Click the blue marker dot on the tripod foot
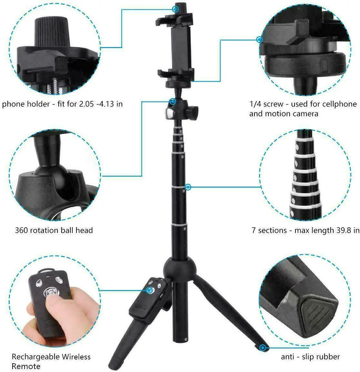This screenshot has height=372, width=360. click(x=263, y=348)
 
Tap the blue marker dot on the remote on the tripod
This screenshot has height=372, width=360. click(x=149, y=290)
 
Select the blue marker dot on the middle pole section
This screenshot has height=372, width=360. click(x=188, y=187)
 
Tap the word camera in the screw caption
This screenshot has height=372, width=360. click(x=305, y=114)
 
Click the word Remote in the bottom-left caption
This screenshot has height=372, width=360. click(x=26, y=367)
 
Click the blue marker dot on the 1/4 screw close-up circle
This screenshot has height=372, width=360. click(x=259, y=39)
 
